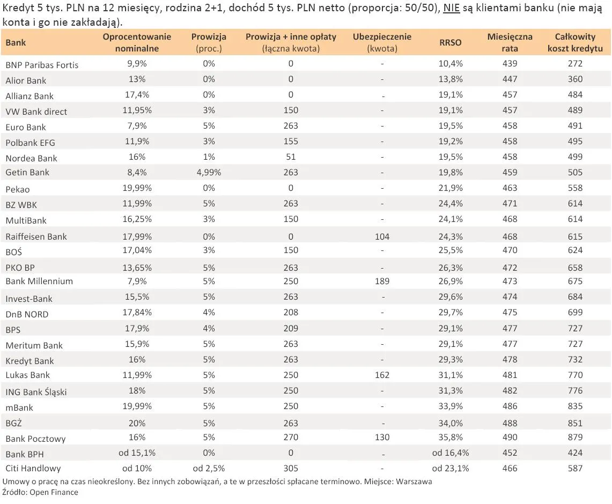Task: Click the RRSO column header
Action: click(451, 42)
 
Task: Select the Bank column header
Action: click(16, 42)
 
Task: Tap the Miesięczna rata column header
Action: click(510, 42)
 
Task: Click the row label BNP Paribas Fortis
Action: click(42, 65)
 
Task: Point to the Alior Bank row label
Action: click(26, 80)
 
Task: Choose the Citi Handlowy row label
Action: click(33, 468)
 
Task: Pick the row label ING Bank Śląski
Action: click(36, 391)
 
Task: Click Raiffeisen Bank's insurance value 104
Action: click(382, 236)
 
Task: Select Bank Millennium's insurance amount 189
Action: click(382, 281)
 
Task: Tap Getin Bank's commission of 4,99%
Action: click(209, 173)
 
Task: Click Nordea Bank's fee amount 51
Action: click(291, 157)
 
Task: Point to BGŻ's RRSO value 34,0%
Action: click(451, 423)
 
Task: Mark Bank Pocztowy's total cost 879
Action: click(576, 437)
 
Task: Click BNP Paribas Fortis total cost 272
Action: click(576, 63)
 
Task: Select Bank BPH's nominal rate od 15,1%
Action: click(137, 453)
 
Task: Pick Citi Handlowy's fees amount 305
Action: click(291, 468)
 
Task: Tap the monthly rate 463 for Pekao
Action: click(510, 188)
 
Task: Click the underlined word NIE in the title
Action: click(452, 8)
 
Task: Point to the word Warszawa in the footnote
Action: click(414, 481)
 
